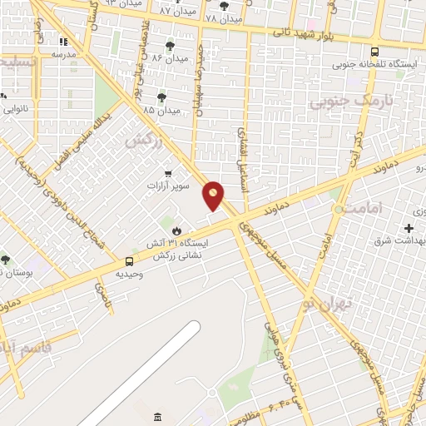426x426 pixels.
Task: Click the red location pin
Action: coord(214,196)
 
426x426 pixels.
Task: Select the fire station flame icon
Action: coord(177,230)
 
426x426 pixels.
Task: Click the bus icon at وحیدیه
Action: coord(128,261)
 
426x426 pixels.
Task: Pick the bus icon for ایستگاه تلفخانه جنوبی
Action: coord(374,51)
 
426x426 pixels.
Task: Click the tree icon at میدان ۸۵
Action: coord(161,97)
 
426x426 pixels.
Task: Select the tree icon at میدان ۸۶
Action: coord(171,46)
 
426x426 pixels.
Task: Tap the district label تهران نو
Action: coord(329,302)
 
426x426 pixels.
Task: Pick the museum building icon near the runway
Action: coord(159,416)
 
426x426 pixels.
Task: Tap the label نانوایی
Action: coord(17,108)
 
